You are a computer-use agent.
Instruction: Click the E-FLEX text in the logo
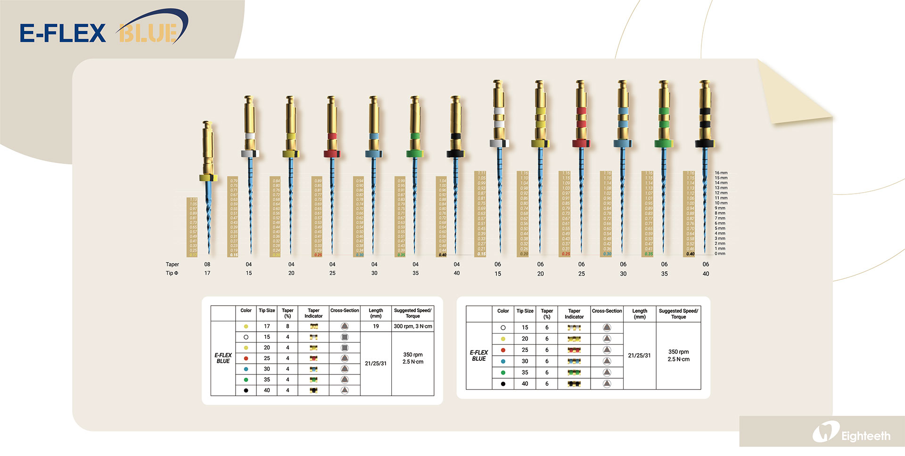pyautogui.click(x=63, y=33)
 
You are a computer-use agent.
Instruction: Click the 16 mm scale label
pyautogui.click(x=721, y=173)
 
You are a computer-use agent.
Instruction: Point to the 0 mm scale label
pyautogui.click(x=720, y=254)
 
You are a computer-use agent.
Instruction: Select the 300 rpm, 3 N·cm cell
pyautogui.click(x=412, y=326)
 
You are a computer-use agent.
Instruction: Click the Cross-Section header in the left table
pyautogui.click(x=345, y=311)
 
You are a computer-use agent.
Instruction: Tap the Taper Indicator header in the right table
pyautogui.click(x=574, y=314)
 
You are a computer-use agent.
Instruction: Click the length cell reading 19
pyautogui.click(x=376, y=326)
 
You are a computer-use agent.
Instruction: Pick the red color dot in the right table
pyautogui.click(x=503, y=350)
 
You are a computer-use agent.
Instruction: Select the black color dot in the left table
pyautogui.click(x=246, y=391)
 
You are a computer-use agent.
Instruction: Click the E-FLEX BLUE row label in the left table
pyautogui.click(x=223, y=358)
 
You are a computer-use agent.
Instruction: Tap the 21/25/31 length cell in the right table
pyautogui.click(x=639, y=356)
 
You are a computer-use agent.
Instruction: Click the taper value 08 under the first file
pyautogui.click(x=207, y=264)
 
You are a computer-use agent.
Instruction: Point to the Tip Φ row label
pyautogui.click(x=172, y=273)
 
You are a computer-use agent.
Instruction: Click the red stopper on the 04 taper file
pyautogui.click(x=332, y=154)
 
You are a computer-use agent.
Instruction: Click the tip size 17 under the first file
pyautogui.click(x=207, y=273)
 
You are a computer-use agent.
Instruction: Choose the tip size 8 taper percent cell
pyautogui.click(x=288, y=326)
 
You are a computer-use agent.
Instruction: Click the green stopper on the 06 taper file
pyautogui.click(x=664, y=143)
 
